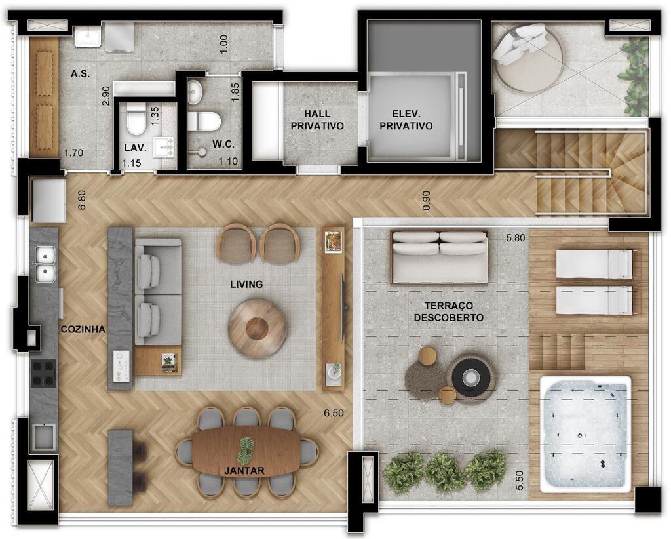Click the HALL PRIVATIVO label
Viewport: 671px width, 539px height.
(x=317, y=120)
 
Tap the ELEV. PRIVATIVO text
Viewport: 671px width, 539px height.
(x=406, y=120)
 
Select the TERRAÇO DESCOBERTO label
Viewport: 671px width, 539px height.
(x=448, y=311)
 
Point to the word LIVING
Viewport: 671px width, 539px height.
(x=246, y=284)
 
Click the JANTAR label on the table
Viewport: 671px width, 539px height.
(x=244, y=471)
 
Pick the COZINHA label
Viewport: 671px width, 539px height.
(x=83, y=329)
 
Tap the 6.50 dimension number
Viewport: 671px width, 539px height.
(x=334, y=413)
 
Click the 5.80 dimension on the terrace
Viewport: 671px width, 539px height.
(x=516, y=237)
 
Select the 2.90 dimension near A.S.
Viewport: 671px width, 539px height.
(x=106, y=96)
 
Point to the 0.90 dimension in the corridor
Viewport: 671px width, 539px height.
(x=426, y=201)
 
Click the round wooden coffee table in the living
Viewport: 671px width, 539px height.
(x=257, y=329)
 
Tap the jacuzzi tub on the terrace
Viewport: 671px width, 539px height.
(x=585, y=434)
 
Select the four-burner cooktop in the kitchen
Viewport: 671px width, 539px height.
(x=44, y=374)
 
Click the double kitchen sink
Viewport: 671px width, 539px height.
(x=45, y=264)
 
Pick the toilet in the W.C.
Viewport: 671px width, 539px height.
(x=204, y=121)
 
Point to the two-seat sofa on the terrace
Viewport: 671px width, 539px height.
(x=440, y=257)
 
